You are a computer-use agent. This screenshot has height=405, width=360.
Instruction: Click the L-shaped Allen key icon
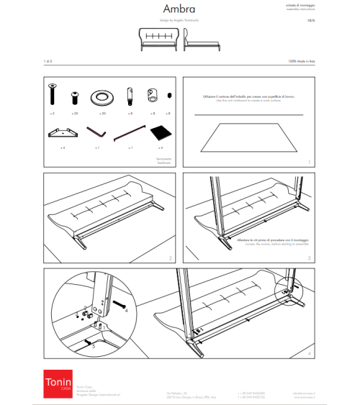pyautogui.click(x=97, y=132)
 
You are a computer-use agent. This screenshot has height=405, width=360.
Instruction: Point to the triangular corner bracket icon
pyautogui.click(x=63, y=132)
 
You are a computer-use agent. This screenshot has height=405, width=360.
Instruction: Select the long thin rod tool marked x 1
pyautogui.click(x=129, y=132)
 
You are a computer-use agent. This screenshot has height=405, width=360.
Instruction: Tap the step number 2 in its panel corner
pyautogui.click(x=169, y=258)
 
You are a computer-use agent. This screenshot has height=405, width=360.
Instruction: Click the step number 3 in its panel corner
pyautogui.click(x=309, y=258)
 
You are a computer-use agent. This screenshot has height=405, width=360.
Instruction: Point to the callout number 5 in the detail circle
pyautogui.click(x=93, y=346)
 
